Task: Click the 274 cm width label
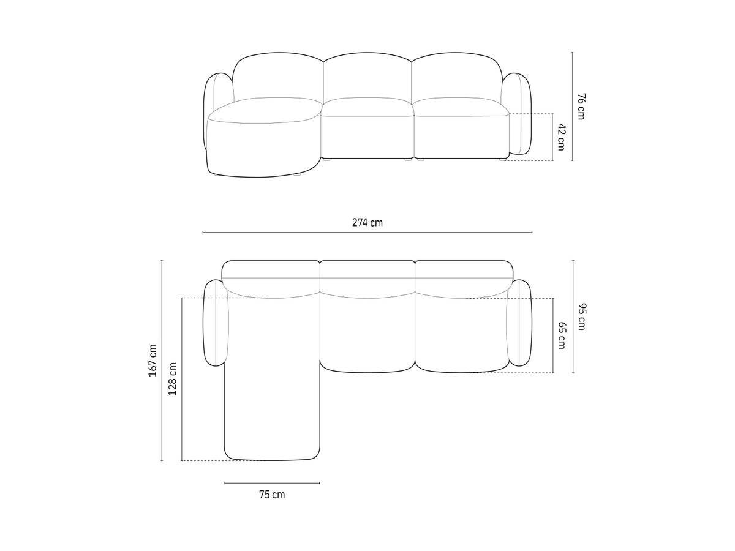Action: (x=367, y=222)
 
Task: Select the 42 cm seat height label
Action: (x=562, y=137)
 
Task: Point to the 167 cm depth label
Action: (x=153, y=360)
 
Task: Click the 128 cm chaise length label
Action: (x=173, y=379)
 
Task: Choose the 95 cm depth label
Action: (x=582, y=317)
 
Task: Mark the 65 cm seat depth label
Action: (x=562, y=335)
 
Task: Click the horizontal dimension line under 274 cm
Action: (x=367, y=232)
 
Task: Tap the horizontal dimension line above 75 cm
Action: (x=272, y=483)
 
